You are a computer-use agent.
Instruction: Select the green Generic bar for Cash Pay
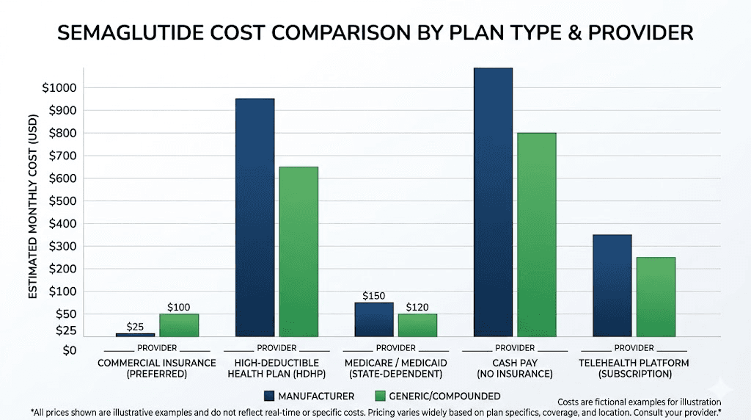(537, 234)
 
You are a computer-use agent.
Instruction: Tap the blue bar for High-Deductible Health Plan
(254, 217)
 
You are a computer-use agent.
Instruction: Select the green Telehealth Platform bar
(656, 297)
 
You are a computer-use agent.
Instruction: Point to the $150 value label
(374, 295)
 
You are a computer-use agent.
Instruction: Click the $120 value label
(418, 307)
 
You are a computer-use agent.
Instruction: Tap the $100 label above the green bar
(180, 307)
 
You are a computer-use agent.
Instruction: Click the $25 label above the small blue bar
(135, 326)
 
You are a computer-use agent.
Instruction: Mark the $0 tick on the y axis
(70, 350)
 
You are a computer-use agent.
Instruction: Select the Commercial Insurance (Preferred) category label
(156, 368)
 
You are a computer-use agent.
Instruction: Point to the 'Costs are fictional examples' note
(639, 402)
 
